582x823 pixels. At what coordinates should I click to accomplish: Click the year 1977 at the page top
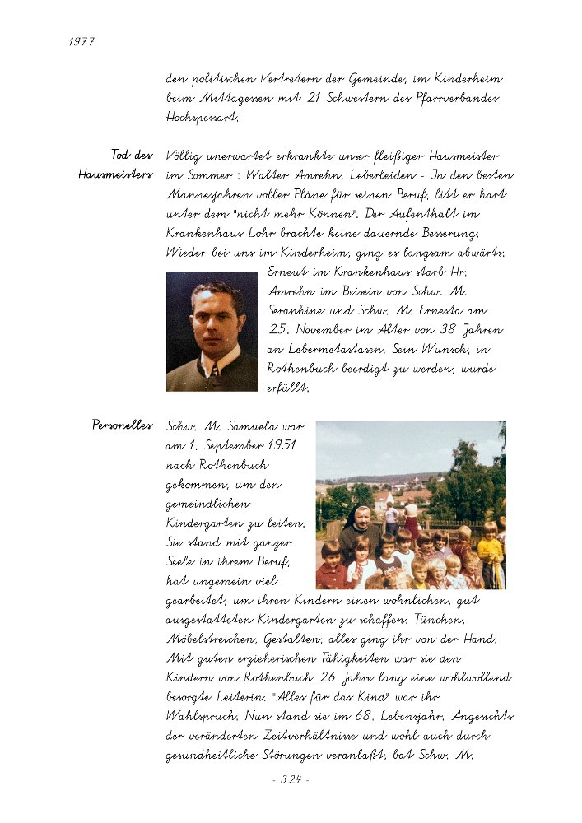tap(81, 42)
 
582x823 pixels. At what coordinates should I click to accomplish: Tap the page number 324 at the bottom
tap(290, 779)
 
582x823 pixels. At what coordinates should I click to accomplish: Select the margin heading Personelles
tap(123, 425)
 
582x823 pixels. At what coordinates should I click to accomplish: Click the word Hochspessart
tap(203, 118)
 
